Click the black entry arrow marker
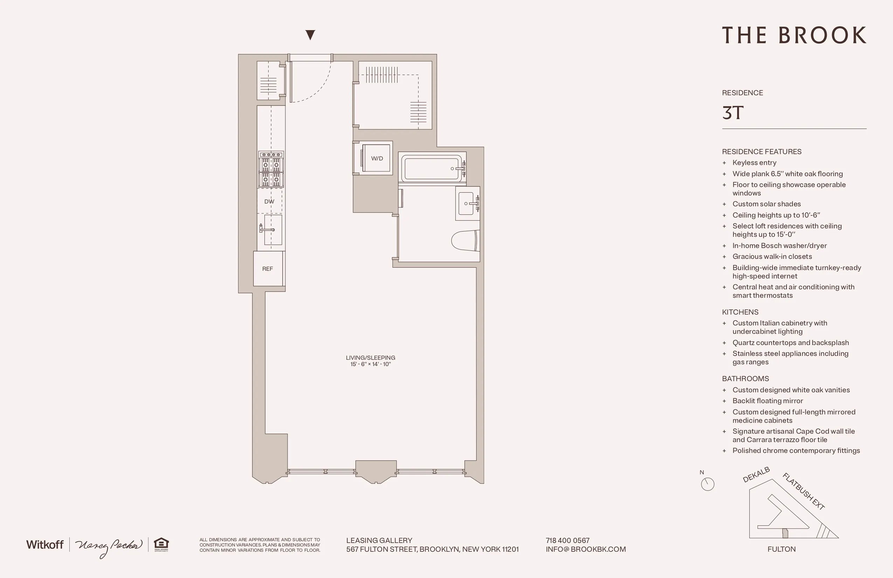pyautogui.click(x=310, y=35)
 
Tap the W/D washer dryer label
pyautogui.click(x=377, y=158)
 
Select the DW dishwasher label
pyautogui.click(x=269, y=201)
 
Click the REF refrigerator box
pyautogui.click(x=268, y=269)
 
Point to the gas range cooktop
pyautogui.click(x=271, y=170)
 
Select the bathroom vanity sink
pyautogui.click(x=467, y=204)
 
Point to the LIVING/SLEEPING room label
pyautogui.click(x=371, y=358)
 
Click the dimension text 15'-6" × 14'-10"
pyautogui.click(x=371, y=364)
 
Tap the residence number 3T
pyautogui.click(x=732, y=112)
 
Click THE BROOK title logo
pyautogui.click(x=794, y=35)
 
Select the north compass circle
pyautogui.click(x=707, y=484)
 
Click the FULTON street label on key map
pyautogui.click(x=781, y=549)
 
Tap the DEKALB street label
pyautogui.click(x=756, y=475)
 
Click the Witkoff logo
pyautogui.click(x=45, y=545)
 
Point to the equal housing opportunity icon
pyautogui.click(x=161, y=544)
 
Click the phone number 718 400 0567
pyautogui.click(x=567, y=541)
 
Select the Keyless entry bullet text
pyautogui.click(x=754, y=163)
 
